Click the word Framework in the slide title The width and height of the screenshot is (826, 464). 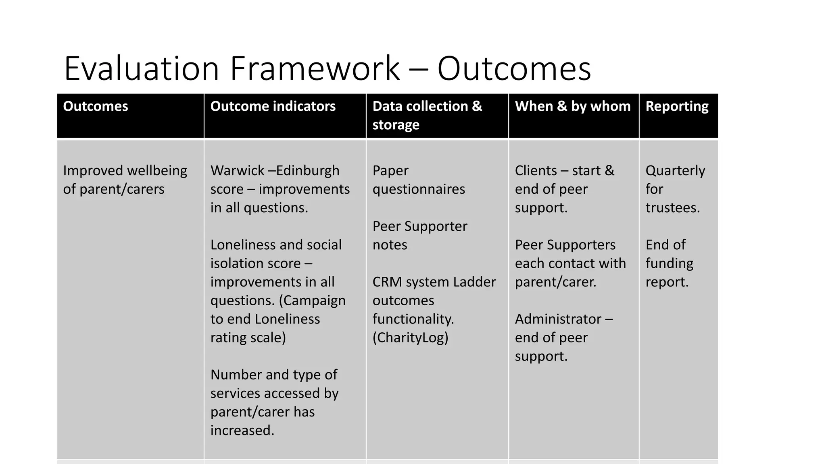(315, 68)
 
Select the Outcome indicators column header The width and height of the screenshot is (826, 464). (273, 106)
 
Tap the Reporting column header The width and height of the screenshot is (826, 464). (677, 106)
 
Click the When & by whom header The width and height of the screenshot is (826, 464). (573, 106)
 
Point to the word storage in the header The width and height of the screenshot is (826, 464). (396, 125)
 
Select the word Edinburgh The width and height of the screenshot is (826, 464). (308, 170)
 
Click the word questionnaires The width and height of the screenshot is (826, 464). (419, 189)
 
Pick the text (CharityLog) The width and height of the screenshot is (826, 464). (410, 338)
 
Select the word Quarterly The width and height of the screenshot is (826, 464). (675, 170)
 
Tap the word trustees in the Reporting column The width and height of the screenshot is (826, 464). (672, 208)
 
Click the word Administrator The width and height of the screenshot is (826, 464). (558, 319)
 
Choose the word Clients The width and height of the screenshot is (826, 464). (534, 170)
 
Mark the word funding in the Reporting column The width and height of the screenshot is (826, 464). (669, 263)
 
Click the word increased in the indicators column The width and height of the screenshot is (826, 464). (242, 431)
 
